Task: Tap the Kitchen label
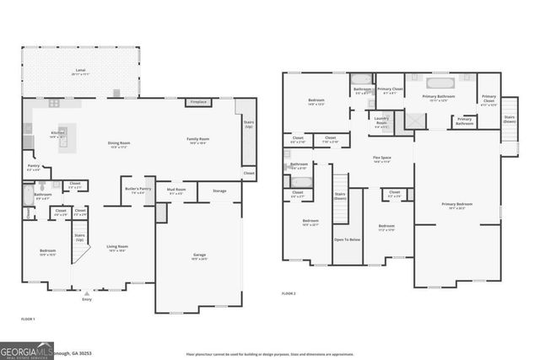(x=57, y=134)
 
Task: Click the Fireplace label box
(x=198, y=103)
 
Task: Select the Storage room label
(x=219, y=191)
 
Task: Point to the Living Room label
(x=116, y=248)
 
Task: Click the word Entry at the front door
(x=86, y=299)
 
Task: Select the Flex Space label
(x=382, y=159)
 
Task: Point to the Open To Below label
(x=346, y=240)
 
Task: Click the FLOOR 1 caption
(x=28, y=319)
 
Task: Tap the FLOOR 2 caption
(x=289, y=293)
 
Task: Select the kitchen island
(x=62, y=135)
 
